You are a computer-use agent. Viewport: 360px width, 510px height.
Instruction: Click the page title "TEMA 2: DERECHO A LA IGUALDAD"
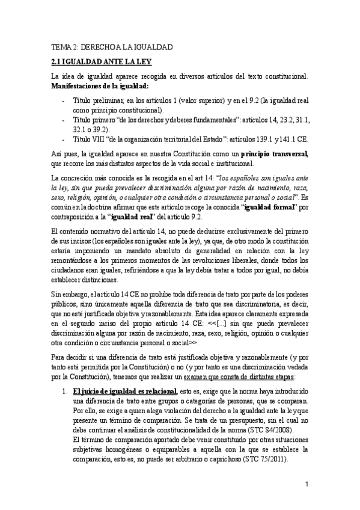111,46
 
